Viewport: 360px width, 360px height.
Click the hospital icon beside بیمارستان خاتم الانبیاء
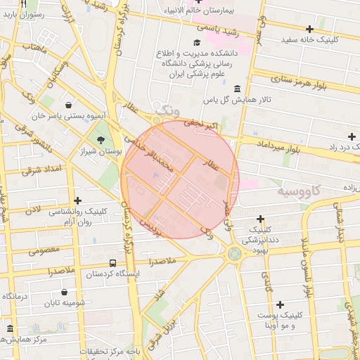[x=199, y=2]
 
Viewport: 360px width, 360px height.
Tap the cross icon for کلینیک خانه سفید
[x=309, y=29]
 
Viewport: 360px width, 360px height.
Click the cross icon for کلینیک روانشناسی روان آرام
[x=77, y=200]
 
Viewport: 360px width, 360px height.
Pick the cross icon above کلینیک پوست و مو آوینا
[x=280, y=304]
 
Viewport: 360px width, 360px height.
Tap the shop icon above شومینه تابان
[x=64, y=292]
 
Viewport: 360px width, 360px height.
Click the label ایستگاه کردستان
[x=110, y=274]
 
